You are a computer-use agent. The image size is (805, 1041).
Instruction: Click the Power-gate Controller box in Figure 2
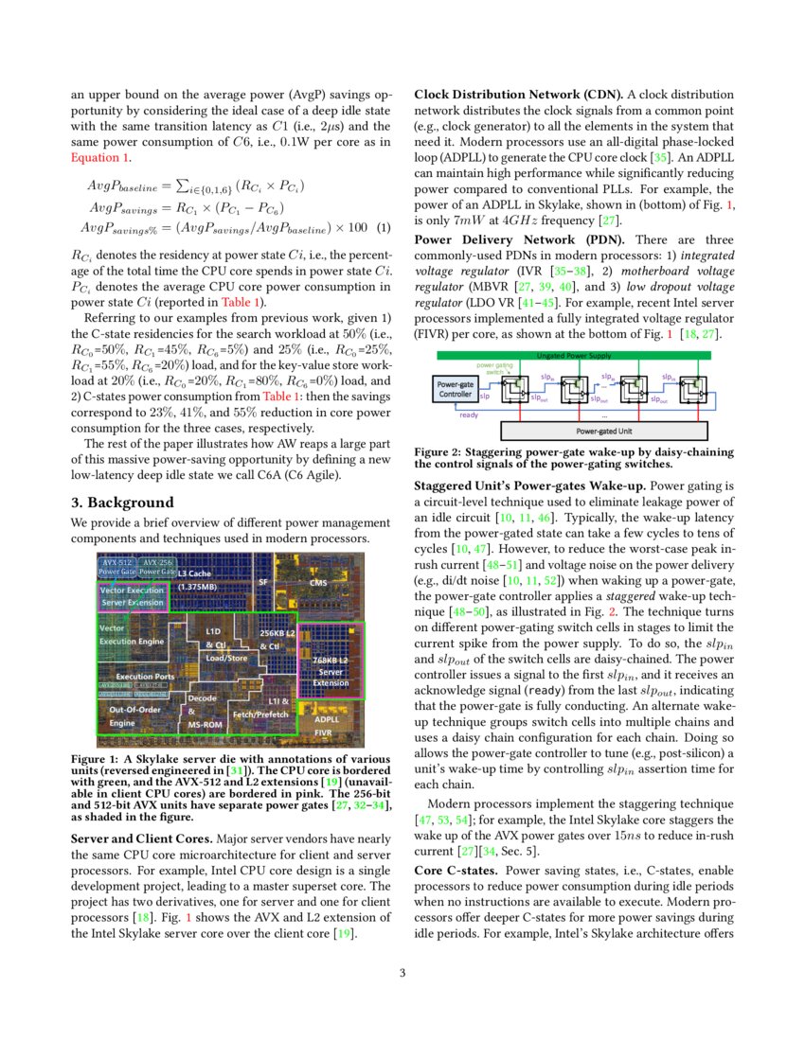pyautogui.click(x=456, y=389)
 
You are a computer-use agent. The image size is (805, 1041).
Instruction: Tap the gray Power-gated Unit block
pyautogui.click(x=606, y=430)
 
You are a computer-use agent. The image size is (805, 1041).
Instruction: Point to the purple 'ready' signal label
pyautogui.click(x=468, y=414)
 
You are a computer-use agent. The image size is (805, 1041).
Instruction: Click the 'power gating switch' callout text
pyautogui.click(x=495, y=368)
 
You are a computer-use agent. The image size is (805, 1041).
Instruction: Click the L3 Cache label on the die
pyautogui.click(x=194, y=573)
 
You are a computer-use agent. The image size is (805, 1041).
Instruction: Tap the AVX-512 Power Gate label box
pyautogui.click(x=117, y=567)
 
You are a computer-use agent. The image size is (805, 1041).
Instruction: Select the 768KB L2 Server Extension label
pyautogui.click(x=331, y=671)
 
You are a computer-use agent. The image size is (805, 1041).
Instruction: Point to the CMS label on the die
pyautogui.click(x=319, y=583)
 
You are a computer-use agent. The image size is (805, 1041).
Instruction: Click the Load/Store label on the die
pyautogui.click(x=227, y=658)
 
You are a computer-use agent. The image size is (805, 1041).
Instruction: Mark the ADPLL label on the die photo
pyautogui.click(x=327, y=719)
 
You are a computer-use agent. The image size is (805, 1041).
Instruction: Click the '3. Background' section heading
pyautogui.click(x=122, y=502)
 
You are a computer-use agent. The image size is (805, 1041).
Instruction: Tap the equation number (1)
pyautogui.click(x=383, y=227)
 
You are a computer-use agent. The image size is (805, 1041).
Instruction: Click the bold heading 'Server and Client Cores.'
pyautogui.click(x=142, y=838)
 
